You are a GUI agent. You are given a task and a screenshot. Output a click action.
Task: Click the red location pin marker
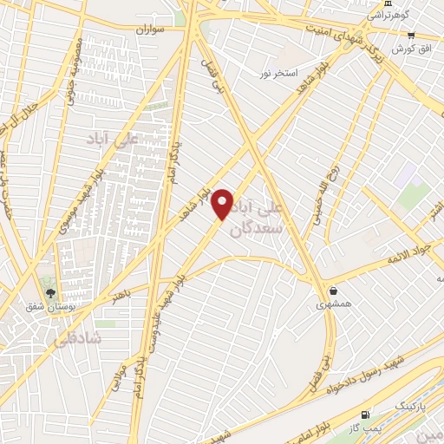(223, 203)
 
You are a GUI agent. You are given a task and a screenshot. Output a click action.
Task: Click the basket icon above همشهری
(334, 291)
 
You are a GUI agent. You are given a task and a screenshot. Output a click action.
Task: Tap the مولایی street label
(121, 375)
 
